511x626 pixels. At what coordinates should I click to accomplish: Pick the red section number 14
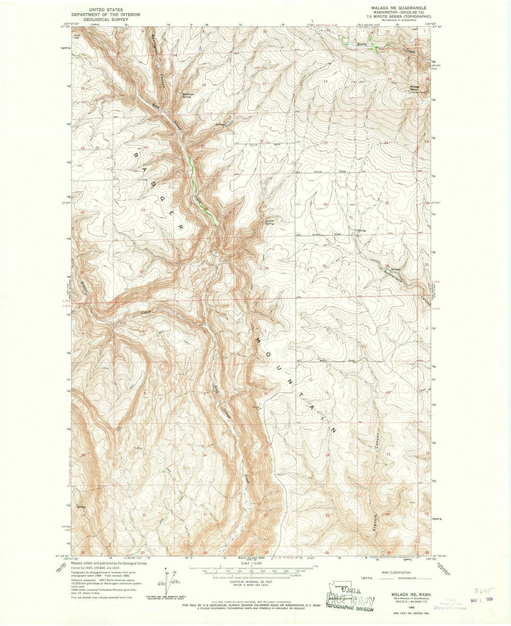click(325, 81)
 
